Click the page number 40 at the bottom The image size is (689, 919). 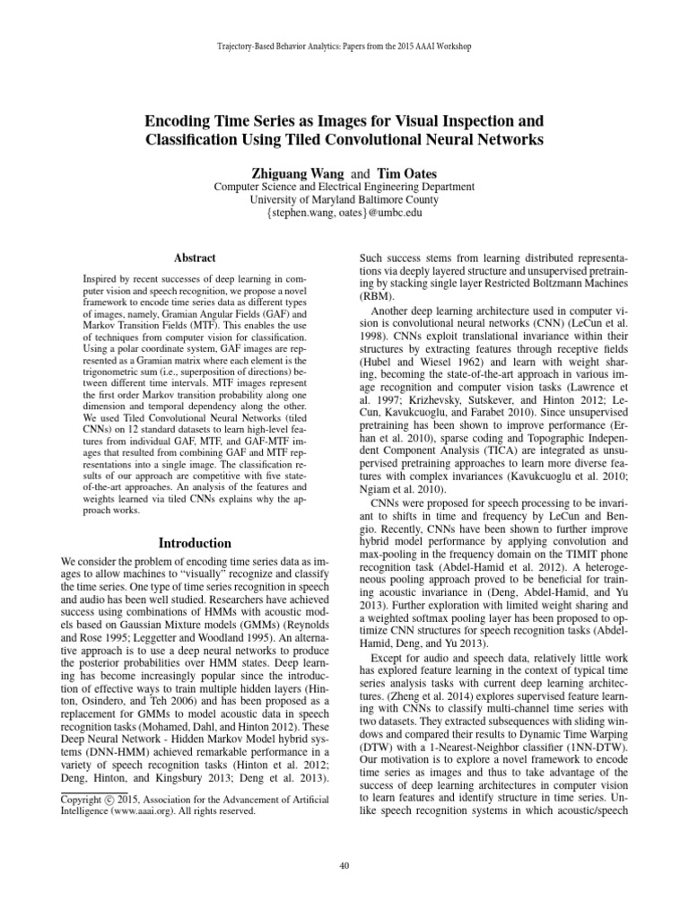point(344,865)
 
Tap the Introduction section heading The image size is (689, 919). point(195,543)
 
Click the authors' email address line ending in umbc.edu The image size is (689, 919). point(344,214)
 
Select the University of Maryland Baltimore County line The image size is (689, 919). point(344,200)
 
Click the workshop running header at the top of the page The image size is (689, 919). point(344,45)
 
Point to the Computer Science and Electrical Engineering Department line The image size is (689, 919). point(344,187)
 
